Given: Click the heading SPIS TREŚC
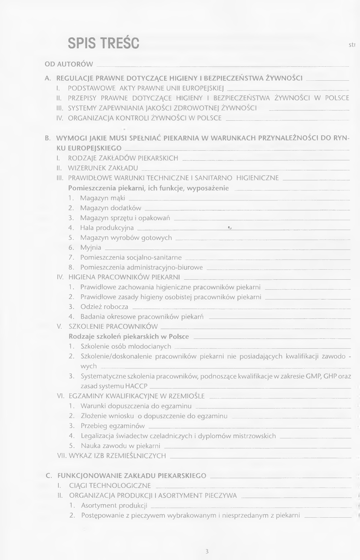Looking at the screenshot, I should (103, 43).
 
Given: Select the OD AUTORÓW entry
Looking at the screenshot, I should (69, 65).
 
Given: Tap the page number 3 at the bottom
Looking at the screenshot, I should (207, 551).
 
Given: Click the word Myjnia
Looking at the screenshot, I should (90, 247).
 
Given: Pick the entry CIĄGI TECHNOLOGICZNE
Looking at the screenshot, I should (109, 485).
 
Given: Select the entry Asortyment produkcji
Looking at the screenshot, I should (114, 505).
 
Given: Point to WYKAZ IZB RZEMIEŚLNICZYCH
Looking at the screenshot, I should (117, 455).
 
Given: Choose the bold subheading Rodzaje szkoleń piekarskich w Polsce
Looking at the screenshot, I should (129, 336).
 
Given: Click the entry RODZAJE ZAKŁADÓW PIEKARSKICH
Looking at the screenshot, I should (123, 158).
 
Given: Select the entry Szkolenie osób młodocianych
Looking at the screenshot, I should (126, 346).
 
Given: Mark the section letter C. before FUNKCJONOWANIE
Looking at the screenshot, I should (49, 475).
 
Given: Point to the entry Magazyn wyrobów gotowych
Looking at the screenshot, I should (126, 237).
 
